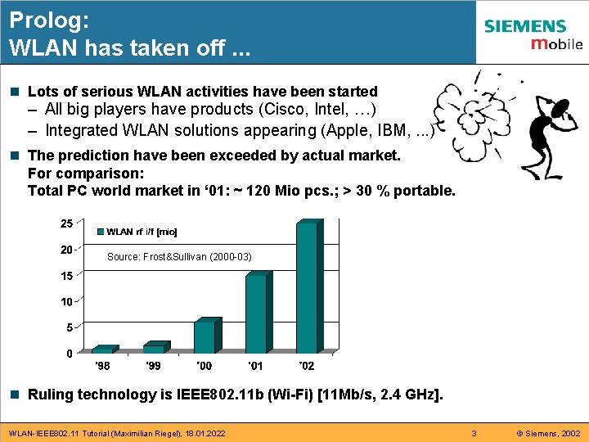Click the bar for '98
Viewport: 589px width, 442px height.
tap(105, 350)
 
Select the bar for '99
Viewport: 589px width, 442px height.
tap(155, 348)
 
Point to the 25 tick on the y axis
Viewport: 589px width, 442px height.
tap(65, 223)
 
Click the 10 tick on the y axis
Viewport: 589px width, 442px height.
tap(65, 302)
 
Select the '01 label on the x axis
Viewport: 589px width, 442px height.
tap(255, 365)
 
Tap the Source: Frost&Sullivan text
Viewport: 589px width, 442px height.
tap(179, 257)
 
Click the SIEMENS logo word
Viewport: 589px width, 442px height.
tap(524, 26)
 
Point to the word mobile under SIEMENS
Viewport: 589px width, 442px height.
tap(556, 44)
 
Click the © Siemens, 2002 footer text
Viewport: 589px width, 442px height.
tap(547, 432)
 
